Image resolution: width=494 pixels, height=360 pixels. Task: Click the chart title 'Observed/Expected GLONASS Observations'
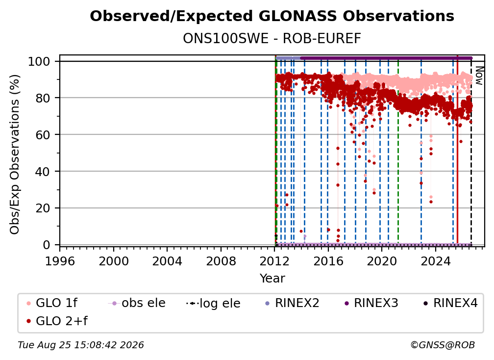[272, 16]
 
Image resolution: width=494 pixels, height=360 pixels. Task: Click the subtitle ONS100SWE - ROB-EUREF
[272, 39]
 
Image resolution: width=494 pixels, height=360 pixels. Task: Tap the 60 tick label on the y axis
[43, 135]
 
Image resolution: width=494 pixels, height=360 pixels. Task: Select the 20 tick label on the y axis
[43, 208]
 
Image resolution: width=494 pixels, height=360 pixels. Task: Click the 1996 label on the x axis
[60, 261]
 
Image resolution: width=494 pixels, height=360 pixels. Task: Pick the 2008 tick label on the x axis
[221, 261]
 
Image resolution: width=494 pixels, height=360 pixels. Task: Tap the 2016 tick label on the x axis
[328, 261]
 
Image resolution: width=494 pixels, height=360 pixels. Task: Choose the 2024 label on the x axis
[435, 261]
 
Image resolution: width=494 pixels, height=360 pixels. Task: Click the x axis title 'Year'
[272, 279]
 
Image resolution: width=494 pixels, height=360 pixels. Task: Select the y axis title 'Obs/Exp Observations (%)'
[15, 154]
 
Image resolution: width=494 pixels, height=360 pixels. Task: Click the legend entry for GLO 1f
[52, 303]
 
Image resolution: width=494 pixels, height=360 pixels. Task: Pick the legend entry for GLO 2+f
[57, 321]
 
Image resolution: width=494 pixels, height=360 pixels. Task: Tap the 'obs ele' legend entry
[137, 303]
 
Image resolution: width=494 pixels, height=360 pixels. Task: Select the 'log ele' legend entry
[213, 304]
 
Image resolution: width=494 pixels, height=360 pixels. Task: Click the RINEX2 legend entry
[293, 303]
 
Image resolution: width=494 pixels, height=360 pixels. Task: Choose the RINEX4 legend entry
[450, 303]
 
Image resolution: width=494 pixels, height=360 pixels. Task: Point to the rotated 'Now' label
[479, 76]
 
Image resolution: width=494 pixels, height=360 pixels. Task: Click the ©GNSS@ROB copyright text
[443, 345]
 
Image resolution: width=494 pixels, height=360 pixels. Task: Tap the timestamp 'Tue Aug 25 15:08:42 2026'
[81, 345]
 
